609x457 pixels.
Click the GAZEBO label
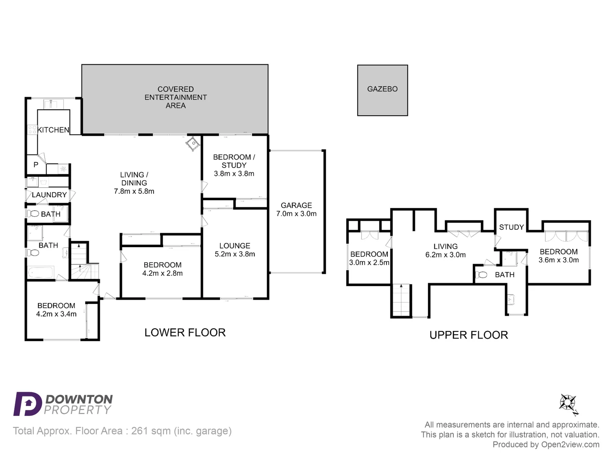click(x=382, y=89)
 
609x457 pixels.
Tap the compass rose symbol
click(x=568, y=403)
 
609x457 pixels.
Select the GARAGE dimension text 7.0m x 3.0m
click(x=296, y=214)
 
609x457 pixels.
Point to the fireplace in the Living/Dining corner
click(x=193, y=144)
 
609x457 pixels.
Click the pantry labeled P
click(x=36, y=165)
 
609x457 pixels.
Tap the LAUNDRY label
click(x=49, y=195)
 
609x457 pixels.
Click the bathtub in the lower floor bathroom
click(x=41, y=272)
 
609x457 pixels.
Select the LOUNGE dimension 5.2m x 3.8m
click(x=235, y=254)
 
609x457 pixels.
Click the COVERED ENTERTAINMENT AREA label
click(x=176, y=97)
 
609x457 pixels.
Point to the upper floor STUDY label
click(x=511, y=227)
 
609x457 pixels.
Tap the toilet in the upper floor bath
click(x=482, y=275)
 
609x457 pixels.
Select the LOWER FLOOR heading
click(x=185, y=333)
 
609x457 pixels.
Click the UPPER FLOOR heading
click(x=469, y=335)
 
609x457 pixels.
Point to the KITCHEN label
click(x=53, y=130)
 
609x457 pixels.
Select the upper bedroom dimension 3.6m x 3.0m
click(x=558, y=260)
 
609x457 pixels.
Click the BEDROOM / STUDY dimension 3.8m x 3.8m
click(x=234, y=173)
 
